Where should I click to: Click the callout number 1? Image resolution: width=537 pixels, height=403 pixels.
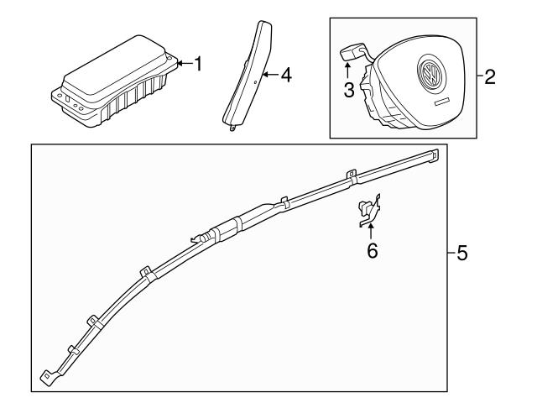pos(198,64)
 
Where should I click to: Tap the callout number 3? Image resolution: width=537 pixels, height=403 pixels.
pos(348,89)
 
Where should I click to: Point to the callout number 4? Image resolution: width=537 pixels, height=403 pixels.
pos(285,76)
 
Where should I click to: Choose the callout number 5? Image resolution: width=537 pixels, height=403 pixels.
pos(461,253)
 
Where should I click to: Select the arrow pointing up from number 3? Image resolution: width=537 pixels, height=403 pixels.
pos(348,74)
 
